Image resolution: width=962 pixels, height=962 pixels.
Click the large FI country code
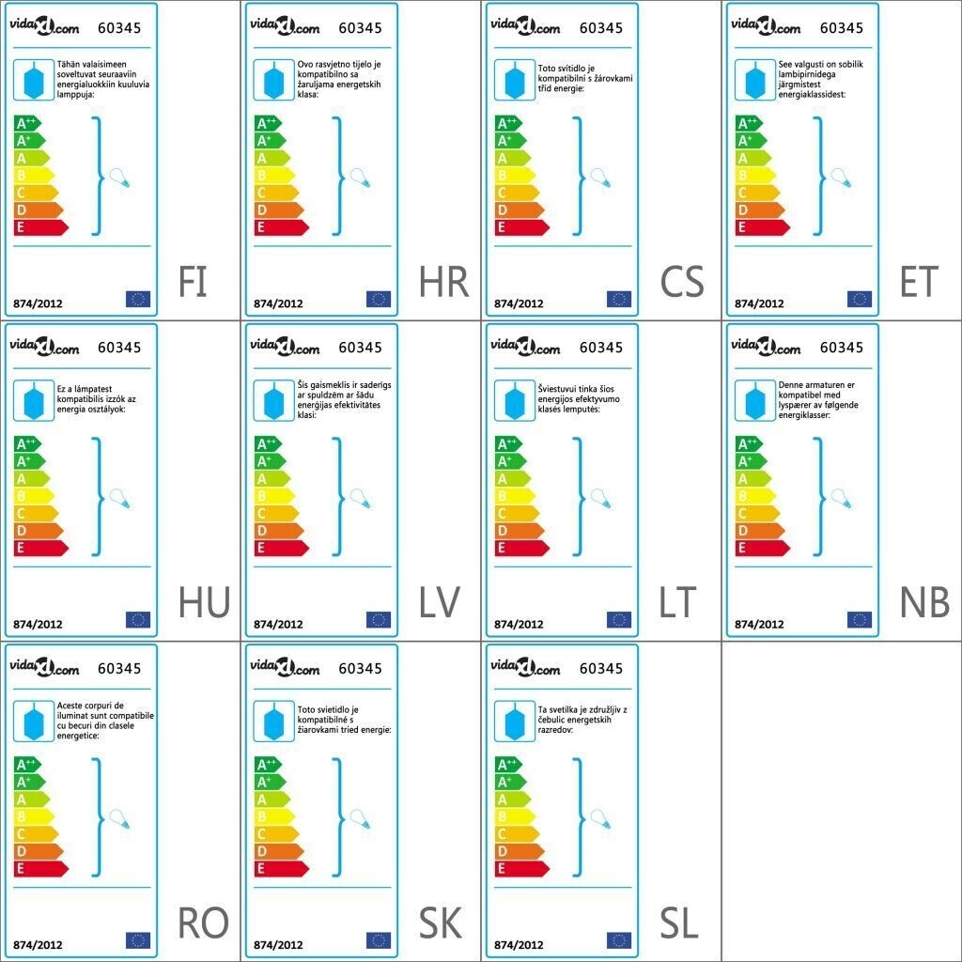(x=193, y=282)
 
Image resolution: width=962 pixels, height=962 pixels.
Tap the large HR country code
(x=443, y=282)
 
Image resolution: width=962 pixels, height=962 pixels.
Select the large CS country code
(x=682, y=282)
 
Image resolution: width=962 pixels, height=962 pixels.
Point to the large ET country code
(x=919, y=282)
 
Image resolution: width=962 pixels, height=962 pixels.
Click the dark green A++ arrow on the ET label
(x=748, y=123)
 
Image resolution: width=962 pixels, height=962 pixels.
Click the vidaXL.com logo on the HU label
(x=44, y=348)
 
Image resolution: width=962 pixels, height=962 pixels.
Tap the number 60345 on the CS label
(x=600, y=27)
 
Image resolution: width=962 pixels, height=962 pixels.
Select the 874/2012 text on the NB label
(x=759, y=624)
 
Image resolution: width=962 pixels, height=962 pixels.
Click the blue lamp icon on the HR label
(x=272, y=80)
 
